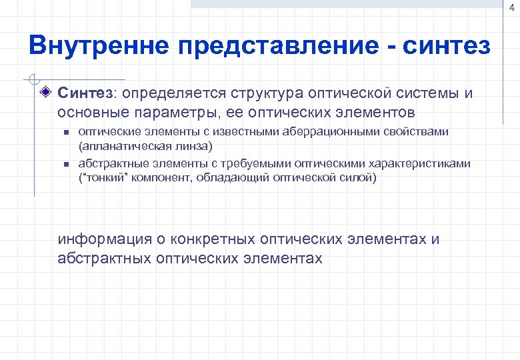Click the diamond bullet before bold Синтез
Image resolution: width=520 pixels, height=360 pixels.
pyautogui.click(x=45, y=93)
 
